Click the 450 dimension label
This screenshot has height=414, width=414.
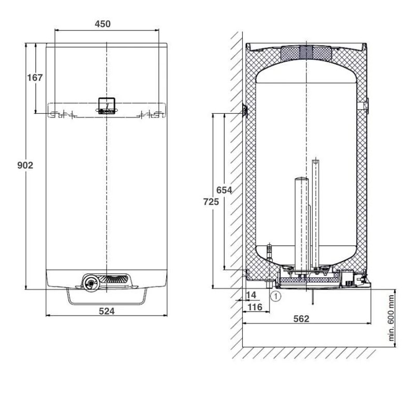[102, 24]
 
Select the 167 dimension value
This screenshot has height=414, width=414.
[35, 78]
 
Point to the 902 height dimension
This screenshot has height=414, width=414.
[25, 165]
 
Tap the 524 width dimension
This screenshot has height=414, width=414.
[107, 312]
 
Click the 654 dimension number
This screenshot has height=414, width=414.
[224, 190]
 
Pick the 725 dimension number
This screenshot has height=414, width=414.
[211, 202]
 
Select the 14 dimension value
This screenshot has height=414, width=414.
[251, 295]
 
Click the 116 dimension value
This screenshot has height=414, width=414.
[255, 307]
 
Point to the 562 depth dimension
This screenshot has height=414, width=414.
[301, 319]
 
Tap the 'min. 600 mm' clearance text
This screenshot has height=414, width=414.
[391, 318]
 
